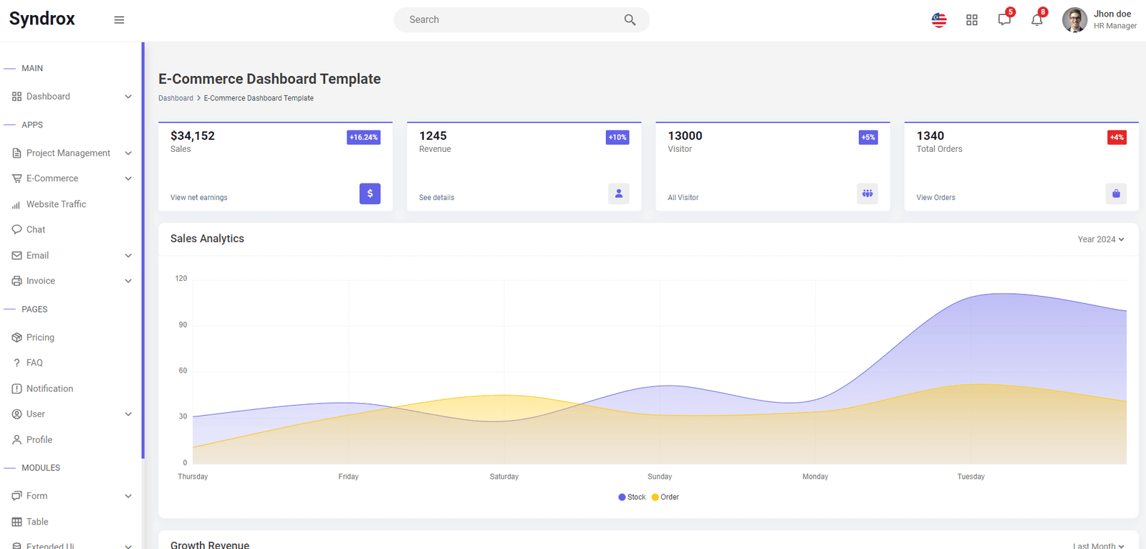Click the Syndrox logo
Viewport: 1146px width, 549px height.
[x=42, y=19]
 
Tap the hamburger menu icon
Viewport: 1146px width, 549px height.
[x=119, y=20]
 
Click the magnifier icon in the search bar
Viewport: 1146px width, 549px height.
[x=630, y=20]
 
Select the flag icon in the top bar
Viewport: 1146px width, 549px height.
[x=939, y=20]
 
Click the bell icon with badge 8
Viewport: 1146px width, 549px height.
[x=1037, y=20]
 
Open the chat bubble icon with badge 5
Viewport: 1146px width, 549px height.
[x=1004, y=20]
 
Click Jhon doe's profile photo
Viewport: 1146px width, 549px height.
[x=1075, y=20]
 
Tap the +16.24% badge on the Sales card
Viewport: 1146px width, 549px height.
[x=364, y=138]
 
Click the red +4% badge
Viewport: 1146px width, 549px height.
[x=1117, y=138]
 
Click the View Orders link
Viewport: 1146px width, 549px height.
[x=935, y=198]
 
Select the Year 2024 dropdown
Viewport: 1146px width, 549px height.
[x=1101, y=239]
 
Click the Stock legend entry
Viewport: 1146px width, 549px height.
[x=632, y=497]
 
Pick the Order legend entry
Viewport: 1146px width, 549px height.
[x=665, y=497]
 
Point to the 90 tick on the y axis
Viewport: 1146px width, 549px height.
[x=183, y=325]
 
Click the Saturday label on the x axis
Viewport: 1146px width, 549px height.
[x=504, y=477]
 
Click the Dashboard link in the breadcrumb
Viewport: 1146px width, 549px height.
[x=175, y=98]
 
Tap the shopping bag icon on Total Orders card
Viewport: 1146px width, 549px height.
[x=1117, y=194]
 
